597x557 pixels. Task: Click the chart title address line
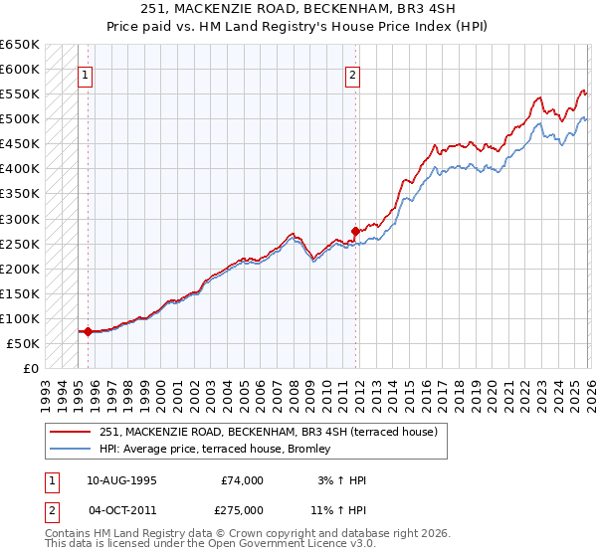point(299,9)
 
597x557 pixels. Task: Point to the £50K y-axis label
point(23,343)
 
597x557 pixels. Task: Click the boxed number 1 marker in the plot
point(87,74)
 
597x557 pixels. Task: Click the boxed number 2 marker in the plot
point(352,74)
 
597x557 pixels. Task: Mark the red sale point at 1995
point(88,331)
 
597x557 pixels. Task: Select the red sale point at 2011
point(355,231)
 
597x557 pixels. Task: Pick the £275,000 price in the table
point(243,509)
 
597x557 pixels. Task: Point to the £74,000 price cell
point(243,480)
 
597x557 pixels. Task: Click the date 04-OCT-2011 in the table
point(120,509)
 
